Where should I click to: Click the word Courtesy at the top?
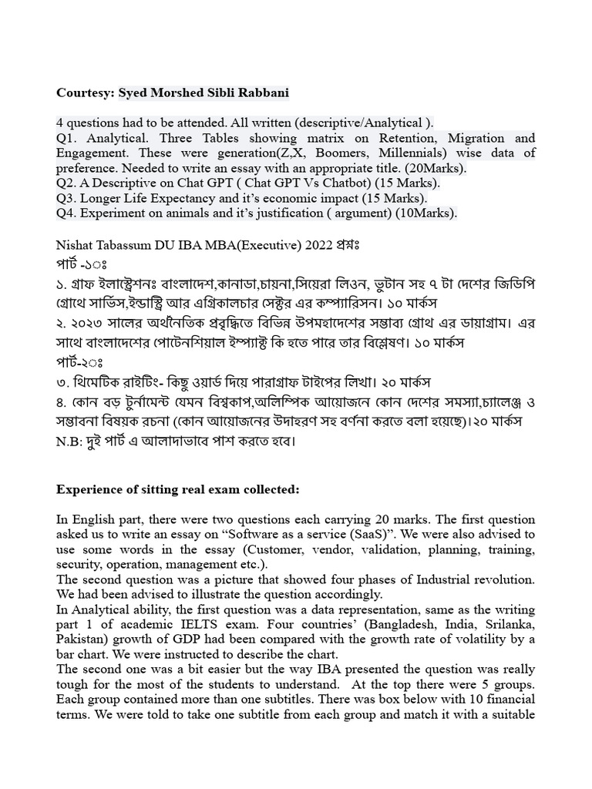coord(84,93)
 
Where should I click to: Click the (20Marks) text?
coord(432,168)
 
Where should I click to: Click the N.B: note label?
coord(71,442)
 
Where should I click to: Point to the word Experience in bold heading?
coord(91,489)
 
